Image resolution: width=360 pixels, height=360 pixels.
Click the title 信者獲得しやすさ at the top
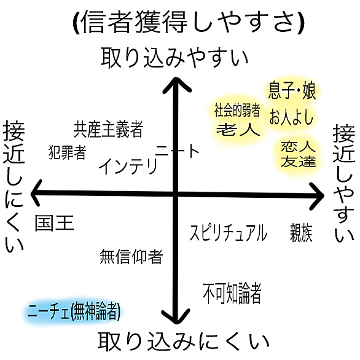189,22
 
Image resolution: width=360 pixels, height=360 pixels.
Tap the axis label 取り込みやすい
174,58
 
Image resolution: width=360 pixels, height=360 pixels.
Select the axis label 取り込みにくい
184,341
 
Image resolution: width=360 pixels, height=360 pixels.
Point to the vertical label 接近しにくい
14,186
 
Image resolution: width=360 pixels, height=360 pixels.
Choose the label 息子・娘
292,90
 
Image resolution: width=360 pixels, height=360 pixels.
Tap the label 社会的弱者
237,110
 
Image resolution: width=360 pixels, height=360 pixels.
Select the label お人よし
291,117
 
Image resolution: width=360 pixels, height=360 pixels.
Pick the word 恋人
298,146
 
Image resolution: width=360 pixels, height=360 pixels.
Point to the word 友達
298,161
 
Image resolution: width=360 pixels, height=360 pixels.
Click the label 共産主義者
108,129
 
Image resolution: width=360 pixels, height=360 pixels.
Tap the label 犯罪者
68,152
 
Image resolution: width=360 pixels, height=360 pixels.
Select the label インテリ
128,166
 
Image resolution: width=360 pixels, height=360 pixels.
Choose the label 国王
55,223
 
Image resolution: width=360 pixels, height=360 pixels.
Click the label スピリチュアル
229,232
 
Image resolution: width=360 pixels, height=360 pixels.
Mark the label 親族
301,232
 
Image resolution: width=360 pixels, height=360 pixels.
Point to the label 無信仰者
131,256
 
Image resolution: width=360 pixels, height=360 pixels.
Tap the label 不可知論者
232,293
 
